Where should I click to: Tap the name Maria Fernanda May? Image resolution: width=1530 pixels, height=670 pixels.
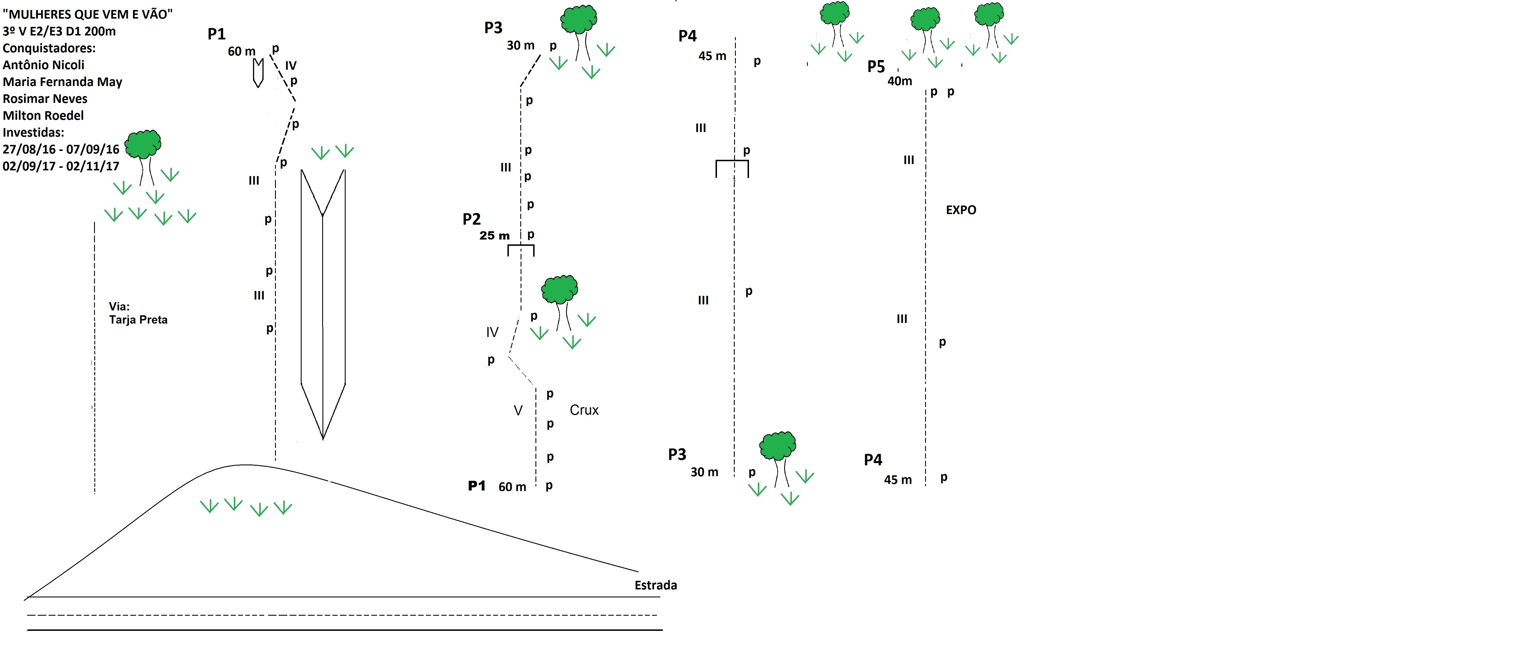pyautogui.click(x=62, y=82)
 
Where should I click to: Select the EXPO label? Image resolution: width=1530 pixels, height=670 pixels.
pyautogui.click(x=961, y=210)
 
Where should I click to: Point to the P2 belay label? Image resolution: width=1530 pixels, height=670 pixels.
pyautogui.click(x=472, y=219)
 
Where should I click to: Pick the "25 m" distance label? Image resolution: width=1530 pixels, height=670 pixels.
pyautogui.click(x=495, y=236)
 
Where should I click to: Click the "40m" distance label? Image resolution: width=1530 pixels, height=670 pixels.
pyautogui.click(x=900, y=81)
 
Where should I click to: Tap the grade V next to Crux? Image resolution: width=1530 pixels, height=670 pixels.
pyautogui.click(x=518, y=410)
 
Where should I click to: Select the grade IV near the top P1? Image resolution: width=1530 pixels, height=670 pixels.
pyautogui.click(x=290, y=65)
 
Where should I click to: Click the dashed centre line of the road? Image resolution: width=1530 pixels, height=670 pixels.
pyautogui.click(x=342, y=615)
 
